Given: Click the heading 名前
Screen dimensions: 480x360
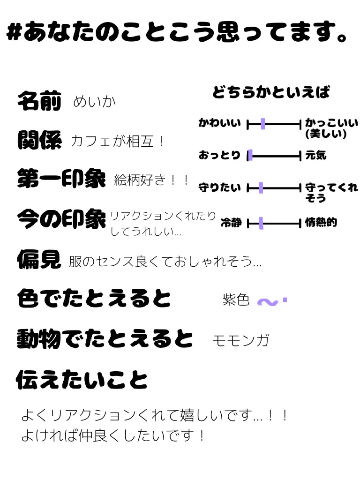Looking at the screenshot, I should click(39, 101).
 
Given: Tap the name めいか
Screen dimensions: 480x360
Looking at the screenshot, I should click(94, 102).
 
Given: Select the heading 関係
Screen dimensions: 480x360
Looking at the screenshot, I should click(39, 140).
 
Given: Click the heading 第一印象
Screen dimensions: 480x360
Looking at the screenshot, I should click(61, 179).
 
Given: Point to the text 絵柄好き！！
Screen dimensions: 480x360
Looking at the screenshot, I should click(151, 180).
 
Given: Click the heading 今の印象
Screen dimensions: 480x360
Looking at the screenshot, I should click(61, 218).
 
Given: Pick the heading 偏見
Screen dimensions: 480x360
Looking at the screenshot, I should click(39, 259).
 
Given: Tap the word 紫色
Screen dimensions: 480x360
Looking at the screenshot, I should click(236, 300).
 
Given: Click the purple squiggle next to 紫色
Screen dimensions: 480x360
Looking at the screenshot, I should click(271, 302).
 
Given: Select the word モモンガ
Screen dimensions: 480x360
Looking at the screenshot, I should click(240, 340).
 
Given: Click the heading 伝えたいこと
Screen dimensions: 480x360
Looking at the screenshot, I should click(82, 380).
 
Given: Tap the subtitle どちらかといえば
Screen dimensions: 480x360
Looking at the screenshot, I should click(271, 92).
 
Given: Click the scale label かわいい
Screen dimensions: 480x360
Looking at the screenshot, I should click(219, 124).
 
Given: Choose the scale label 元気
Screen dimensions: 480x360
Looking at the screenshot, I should click(316, 155).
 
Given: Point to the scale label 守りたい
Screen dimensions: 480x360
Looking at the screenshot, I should click(219, 188).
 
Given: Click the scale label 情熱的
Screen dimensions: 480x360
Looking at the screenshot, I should click(321, 223).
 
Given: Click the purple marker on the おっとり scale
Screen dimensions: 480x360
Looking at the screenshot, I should click(250, 156).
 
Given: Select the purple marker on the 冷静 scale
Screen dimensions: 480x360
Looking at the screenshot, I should click(261, 223).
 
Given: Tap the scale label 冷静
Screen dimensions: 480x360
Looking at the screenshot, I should click(231, 223).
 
